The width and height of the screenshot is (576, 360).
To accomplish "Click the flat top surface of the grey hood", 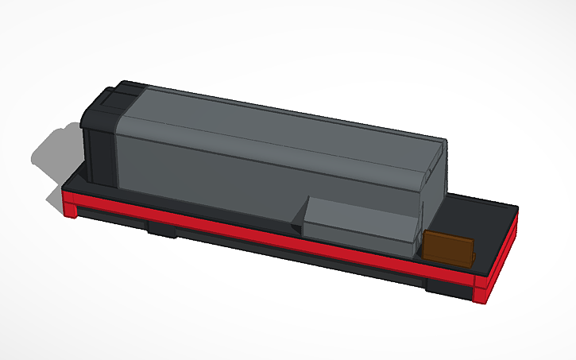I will coord(278,119).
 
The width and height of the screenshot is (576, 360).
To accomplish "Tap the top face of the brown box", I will coord(450,237).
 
